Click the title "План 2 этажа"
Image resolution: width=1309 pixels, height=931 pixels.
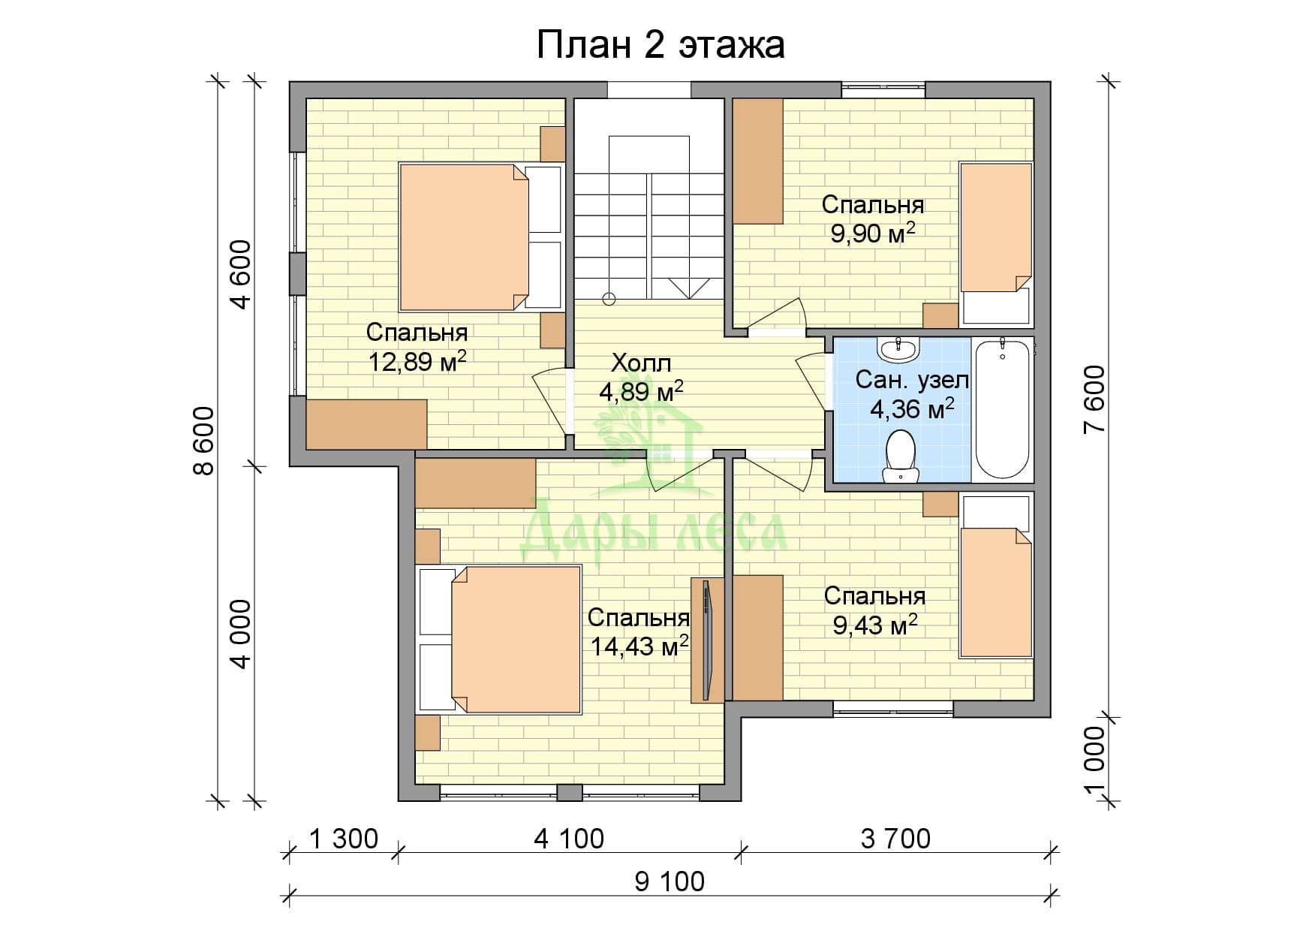pyautogui.click(x=661, y=45)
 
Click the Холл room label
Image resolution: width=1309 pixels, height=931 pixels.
pyautogui.click(x=641, y=364)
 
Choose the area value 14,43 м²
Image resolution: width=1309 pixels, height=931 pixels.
pyautogui.click(x=640, y=646)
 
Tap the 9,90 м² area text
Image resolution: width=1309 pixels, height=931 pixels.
pyautogui.click(x=873, y=234)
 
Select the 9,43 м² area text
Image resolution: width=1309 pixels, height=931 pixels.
pyautogui.click(x=875, y=625)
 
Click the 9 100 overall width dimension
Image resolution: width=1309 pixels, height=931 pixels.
pyautogui.click(x=670, y=881)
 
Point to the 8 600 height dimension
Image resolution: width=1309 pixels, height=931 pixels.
pyautogui.click(x=203, y=441)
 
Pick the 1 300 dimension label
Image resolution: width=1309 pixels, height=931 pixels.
pyautogui.click(x=344, y=839)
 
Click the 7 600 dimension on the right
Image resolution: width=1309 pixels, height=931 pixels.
pyautogui.click(x=1095, y=399)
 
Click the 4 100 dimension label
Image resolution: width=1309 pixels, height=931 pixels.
pyautogui.click(x=569, y=839)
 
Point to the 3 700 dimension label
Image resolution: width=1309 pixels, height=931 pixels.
pyautogui.click(x=895, y=839)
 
